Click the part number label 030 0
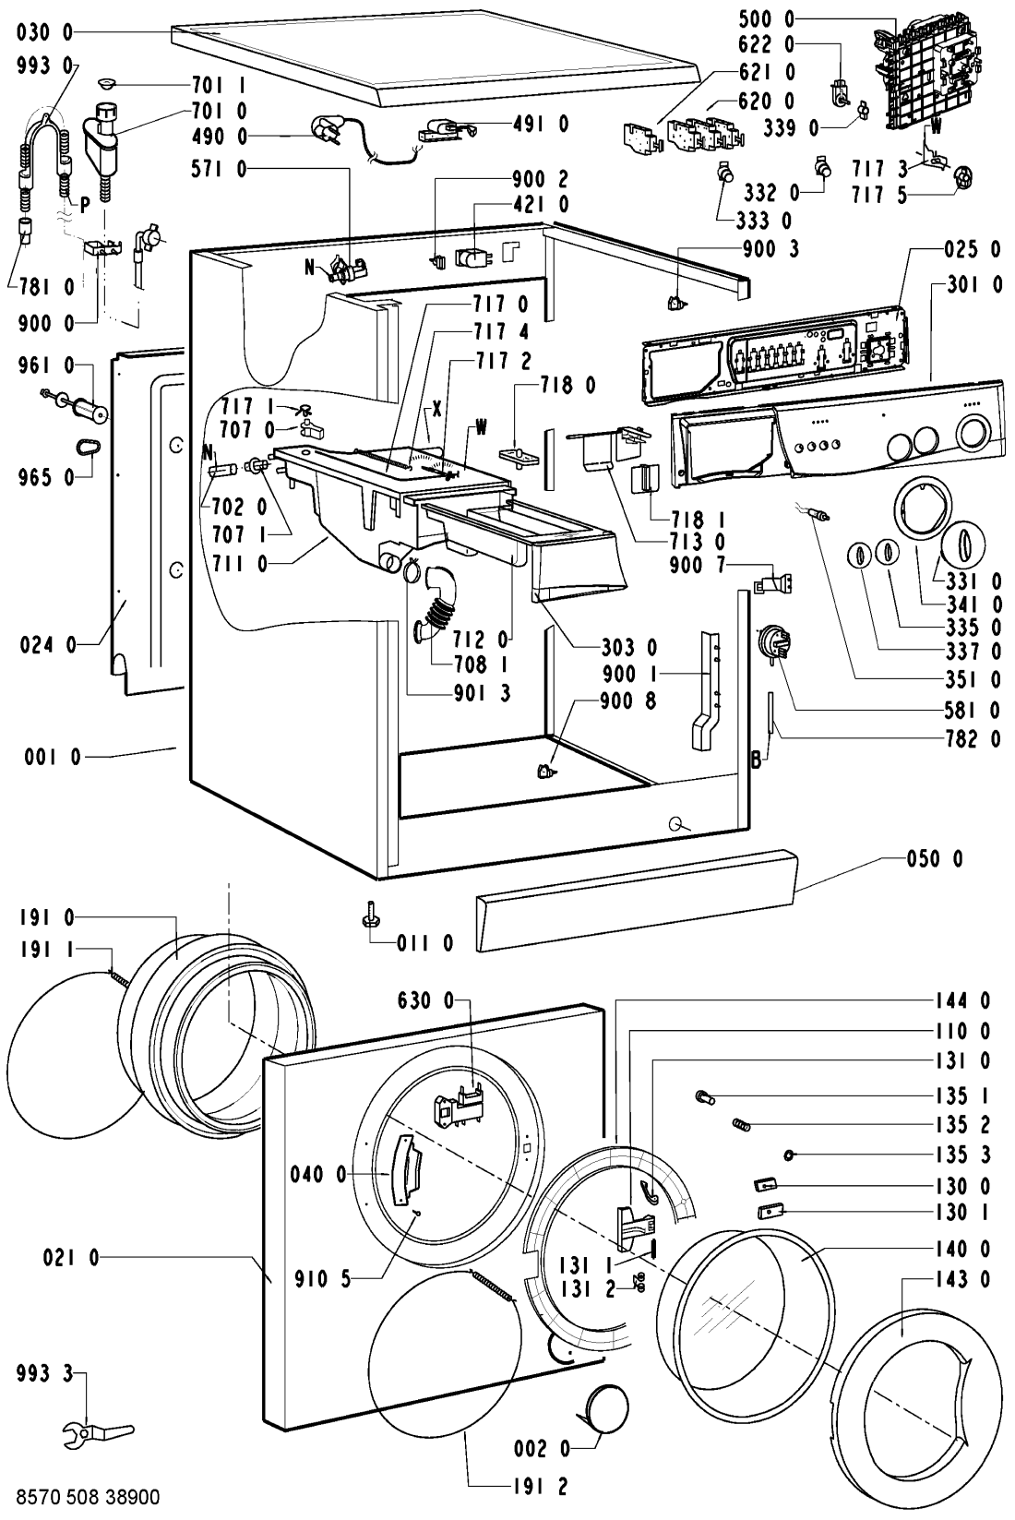44,32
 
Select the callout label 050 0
935,859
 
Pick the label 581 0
973,710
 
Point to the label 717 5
879,196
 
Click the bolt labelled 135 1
704,1095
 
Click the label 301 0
973,285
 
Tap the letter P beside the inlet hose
85,206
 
